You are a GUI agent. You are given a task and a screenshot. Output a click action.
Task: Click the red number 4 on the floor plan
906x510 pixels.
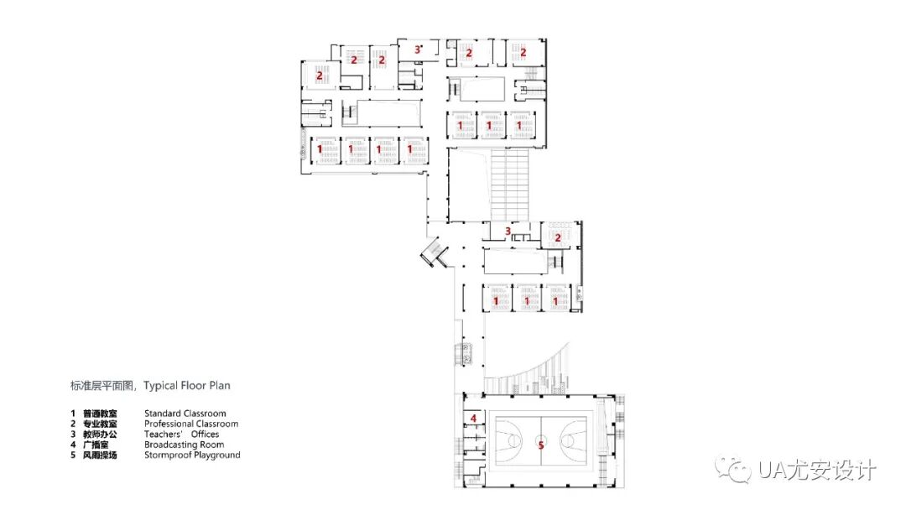[473, 419]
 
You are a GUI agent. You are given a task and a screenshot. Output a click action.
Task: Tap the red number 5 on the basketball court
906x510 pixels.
[541, 445]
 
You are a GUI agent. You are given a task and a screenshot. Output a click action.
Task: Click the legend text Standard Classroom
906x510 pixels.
[185, 414]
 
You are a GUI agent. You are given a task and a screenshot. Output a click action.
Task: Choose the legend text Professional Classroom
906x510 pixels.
[191, 424]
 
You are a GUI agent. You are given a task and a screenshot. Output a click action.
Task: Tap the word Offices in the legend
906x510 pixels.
[206, 435]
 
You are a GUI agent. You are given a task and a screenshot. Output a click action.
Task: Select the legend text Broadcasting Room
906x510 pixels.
[184, 445]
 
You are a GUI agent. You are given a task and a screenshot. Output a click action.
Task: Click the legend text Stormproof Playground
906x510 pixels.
[192, 455]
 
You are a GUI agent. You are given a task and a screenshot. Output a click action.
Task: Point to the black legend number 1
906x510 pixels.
[73, 414]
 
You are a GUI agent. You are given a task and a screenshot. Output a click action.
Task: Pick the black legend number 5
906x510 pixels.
[73, 455]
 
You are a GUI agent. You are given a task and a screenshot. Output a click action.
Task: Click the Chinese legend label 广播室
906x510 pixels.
[96, 445]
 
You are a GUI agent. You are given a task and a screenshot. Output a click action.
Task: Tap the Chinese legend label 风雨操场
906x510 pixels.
[99, 455]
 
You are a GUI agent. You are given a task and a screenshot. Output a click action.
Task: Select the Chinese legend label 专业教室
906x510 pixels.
[99, 424]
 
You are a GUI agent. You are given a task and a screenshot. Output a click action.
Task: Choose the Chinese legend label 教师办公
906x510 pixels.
[99, 435]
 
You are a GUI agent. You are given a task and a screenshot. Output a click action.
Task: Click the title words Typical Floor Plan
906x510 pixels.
[186, 386]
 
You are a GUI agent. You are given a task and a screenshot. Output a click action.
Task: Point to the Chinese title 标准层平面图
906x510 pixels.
[102, 386]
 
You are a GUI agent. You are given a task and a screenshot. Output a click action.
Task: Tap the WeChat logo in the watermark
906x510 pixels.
[732, 468]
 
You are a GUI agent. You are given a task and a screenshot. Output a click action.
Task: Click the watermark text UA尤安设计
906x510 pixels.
[816, 470]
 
